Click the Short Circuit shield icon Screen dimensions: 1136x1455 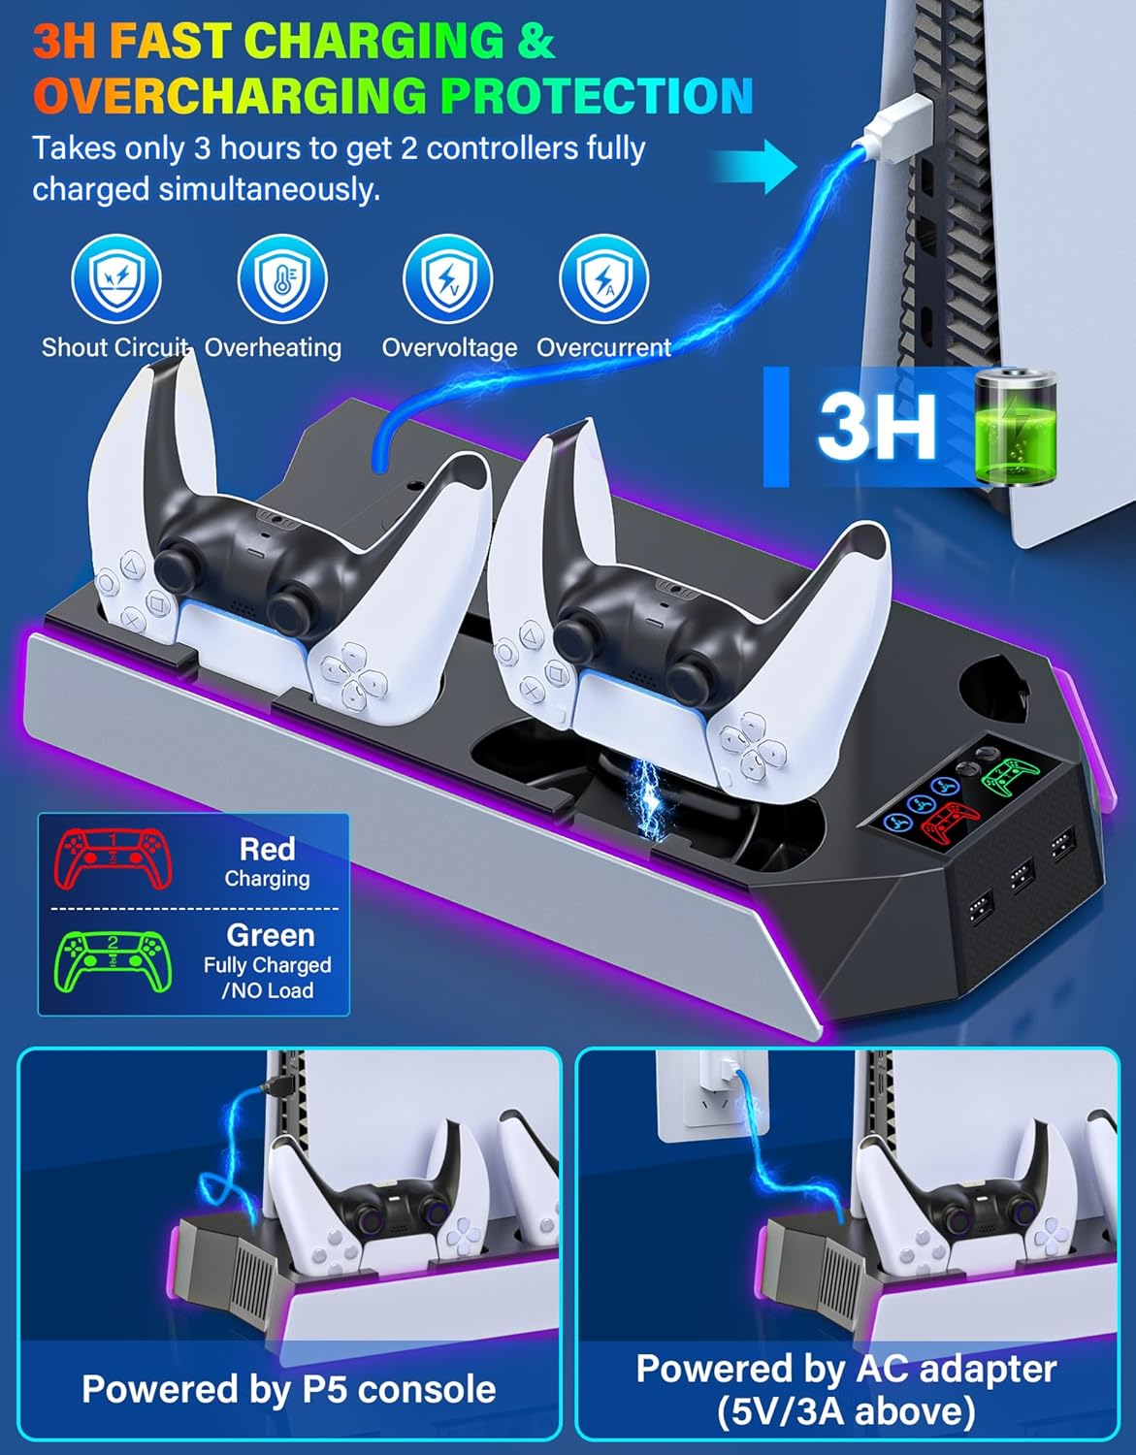[x=116, y=278]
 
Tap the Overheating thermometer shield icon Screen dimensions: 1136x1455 [x=282, y=278]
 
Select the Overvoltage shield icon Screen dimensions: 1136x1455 [x=447, y=278]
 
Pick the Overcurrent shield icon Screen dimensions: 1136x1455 [x=603, y=278]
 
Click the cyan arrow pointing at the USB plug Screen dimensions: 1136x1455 [x=755, y=166]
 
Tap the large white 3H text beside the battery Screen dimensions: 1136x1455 [x=876, y=427]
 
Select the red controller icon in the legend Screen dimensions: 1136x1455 [x=113, y=859]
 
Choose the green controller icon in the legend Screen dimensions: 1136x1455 [x=113, y=962]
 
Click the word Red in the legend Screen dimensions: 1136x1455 [x=267, y=849]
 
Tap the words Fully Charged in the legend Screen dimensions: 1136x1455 [x=267, y=965]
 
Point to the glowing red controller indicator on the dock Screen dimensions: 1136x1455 [x=950, y=823]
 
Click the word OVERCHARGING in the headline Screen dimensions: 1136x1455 [x=230, y=96]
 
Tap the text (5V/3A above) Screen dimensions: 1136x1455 [x=846, y=1410]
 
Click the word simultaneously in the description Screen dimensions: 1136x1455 [x=269, y=190]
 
